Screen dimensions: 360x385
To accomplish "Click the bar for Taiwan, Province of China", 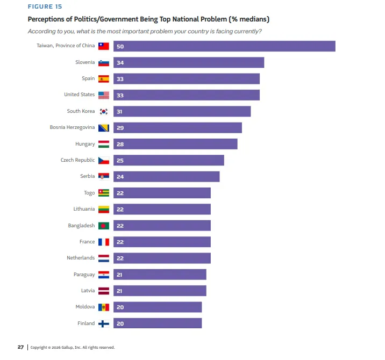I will [x=224, y=46].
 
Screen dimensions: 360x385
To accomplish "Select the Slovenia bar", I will [x=188, y=63].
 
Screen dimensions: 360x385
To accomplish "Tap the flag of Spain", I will [x=104, y=79].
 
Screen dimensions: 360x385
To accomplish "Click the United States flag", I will [x=104, y=95].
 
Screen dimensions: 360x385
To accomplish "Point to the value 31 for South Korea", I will [x=120, y=112].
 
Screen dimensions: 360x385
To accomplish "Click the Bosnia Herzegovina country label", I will [x=72, y=127].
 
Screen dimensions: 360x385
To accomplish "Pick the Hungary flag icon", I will [x=104, y=144].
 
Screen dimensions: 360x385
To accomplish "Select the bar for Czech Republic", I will [x=168, y=161].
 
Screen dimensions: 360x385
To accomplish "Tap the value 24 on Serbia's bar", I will [x=120, y=177].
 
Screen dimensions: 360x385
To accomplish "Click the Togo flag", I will [x=104, y=193].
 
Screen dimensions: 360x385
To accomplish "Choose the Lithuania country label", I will [x=84, y=209].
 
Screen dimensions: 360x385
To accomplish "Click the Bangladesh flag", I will [x=104, y=226].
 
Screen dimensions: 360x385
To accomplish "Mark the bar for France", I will [x=162, y=242].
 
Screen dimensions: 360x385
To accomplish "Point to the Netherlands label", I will [x=81, y=258].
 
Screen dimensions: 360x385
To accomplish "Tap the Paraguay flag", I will [x=104, y=275].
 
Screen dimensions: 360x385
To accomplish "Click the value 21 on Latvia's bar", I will [x=120, y=291].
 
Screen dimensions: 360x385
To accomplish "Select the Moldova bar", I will [x=157, y=307].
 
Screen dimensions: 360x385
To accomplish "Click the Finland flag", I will [x=104, y=323].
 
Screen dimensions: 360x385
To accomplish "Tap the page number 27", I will [x=20, y=347].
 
